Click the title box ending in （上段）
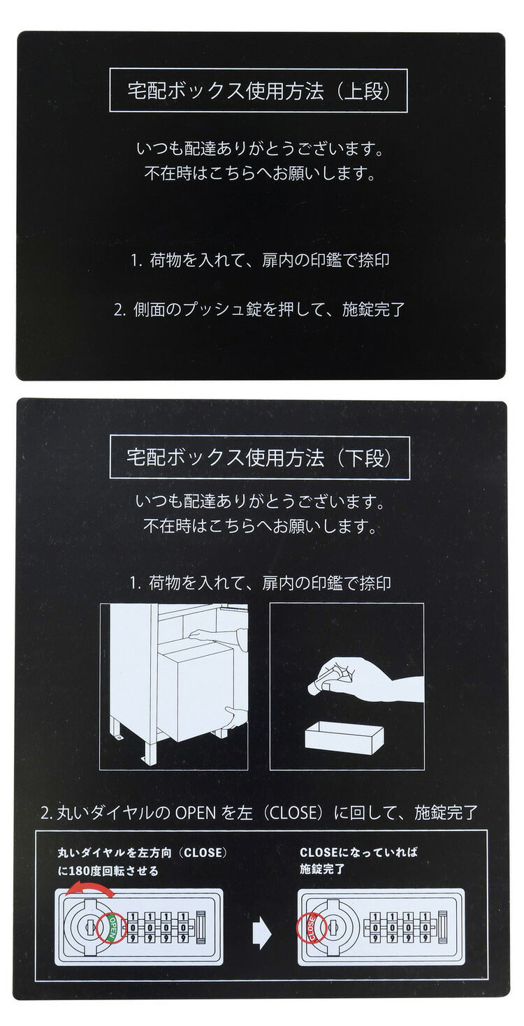(x=259, y=91)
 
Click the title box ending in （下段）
(x=259, y=457)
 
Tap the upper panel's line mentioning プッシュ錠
(x=260, y=309)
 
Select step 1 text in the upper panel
(x=260, y=261)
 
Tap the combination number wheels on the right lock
(x=398, y=928)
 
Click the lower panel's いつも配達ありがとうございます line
(x=260, y=501)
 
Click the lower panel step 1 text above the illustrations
(x=260, y=582)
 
